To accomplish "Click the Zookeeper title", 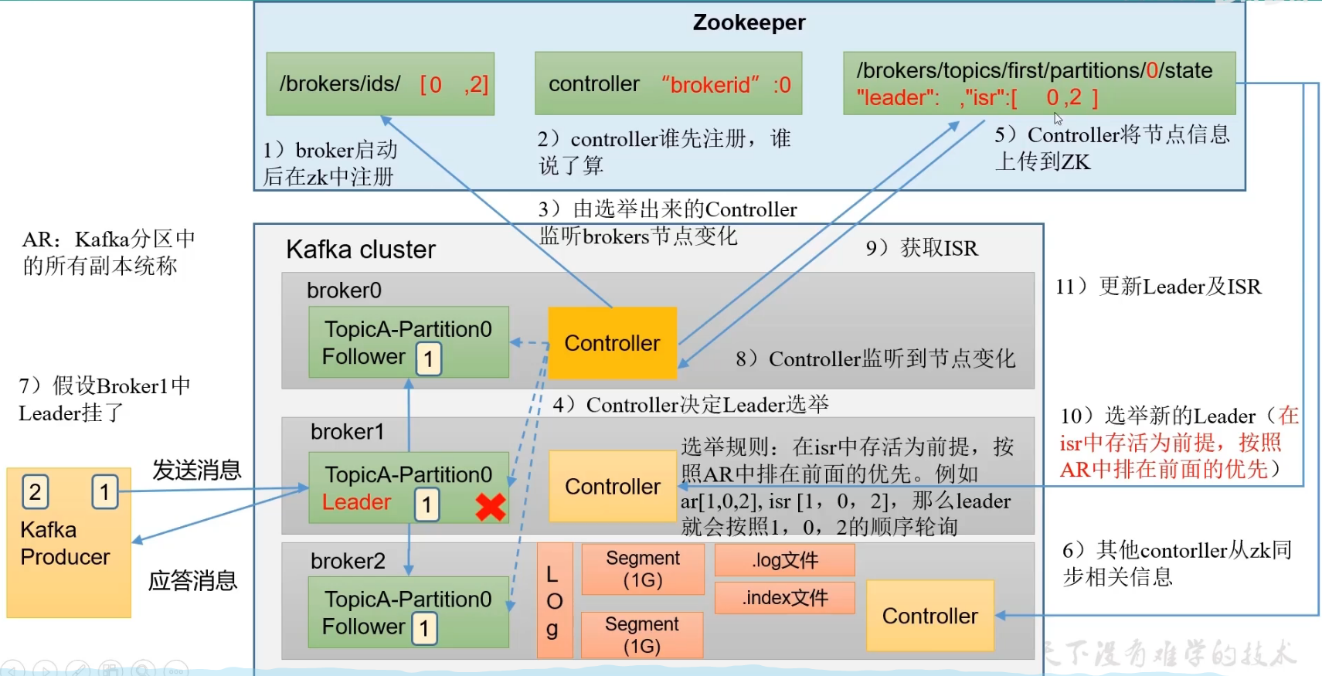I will (x=749, y=22).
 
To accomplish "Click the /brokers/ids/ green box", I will (x=380, y=84).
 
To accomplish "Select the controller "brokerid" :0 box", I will (x=668, y=84).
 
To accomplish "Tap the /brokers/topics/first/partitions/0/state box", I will (x=1038, y=83).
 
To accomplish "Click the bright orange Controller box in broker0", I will (x=612, y=343).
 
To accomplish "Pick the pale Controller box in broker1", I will (x=612, y=487).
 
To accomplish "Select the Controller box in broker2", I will (x=929, y=616).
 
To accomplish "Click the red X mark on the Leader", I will (x=491, y=507).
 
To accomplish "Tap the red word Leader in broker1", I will (x=356, y=502).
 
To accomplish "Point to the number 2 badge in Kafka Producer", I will (x=35, y=491).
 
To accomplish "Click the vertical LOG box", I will (x=554, y=601).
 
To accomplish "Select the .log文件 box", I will (x=784, y=560).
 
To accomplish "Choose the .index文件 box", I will (x=784, y=597).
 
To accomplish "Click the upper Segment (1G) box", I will (x=642, y=569).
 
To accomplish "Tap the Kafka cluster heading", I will (x=360, y=250).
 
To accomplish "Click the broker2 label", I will (x=347, y=561).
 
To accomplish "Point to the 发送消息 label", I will (x=196, y=470).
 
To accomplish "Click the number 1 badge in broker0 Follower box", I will (x=429, y=358).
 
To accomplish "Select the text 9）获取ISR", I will (x=921, y=248).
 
